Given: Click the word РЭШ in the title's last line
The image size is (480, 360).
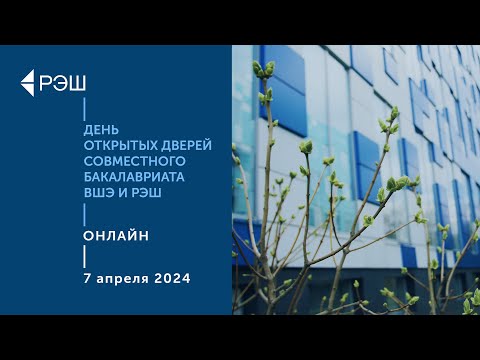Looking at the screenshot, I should [x=146, y=192].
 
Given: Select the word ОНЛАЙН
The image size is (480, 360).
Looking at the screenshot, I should [x=117, y=235].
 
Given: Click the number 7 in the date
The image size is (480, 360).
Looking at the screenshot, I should [x=88, y=277].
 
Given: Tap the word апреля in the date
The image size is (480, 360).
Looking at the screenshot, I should [x=123, y=278].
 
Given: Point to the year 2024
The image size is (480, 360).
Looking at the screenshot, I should [x=173, y=277].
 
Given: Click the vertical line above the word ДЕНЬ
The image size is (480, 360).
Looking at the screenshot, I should [x=84, y=108].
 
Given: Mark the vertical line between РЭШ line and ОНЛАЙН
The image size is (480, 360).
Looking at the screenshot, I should [x=84, y=213].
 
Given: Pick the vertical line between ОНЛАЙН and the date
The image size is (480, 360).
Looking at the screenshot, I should [x=84, y=256].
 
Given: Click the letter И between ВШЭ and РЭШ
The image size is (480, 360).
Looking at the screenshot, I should [x=125, y=192].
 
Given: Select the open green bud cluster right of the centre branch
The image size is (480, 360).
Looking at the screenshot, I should [x=399, y=183].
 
